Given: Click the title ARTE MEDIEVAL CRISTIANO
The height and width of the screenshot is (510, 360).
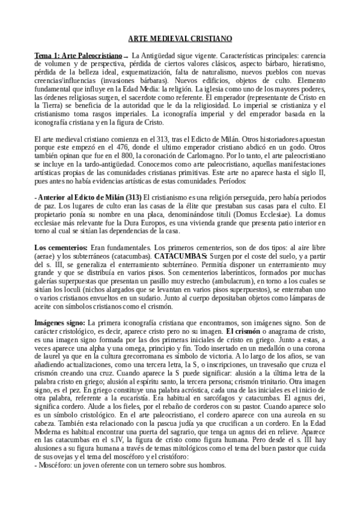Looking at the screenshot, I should pyautogui.click(x=180, y=38).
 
